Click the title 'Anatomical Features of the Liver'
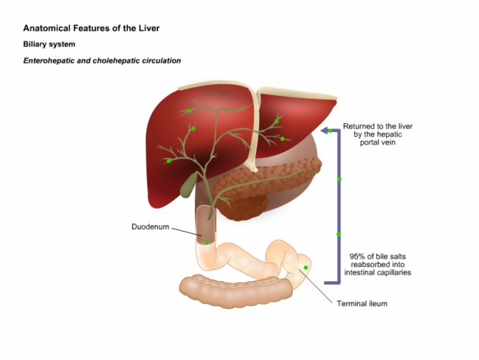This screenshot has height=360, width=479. pos(91,29)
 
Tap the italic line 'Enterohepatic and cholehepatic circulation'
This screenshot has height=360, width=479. pos(102,60)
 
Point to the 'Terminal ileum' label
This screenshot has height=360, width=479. pos(362,303)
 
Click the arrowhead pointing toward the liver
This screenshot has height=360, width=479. pos(328,130)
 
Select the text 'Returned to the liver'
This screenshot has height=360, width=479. pos(378,127)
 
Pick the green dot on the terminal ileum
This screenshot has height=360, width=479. pos(307,267)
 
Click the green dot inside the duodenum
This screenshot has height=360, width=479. pos(207,242)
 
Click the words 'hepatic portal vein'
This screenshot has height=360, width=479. pos(378,139)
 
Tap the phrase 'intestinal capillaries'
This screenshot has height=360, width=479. pos(378,272)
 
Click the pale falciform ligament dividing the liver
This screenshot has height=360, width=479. pos(253,130)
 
